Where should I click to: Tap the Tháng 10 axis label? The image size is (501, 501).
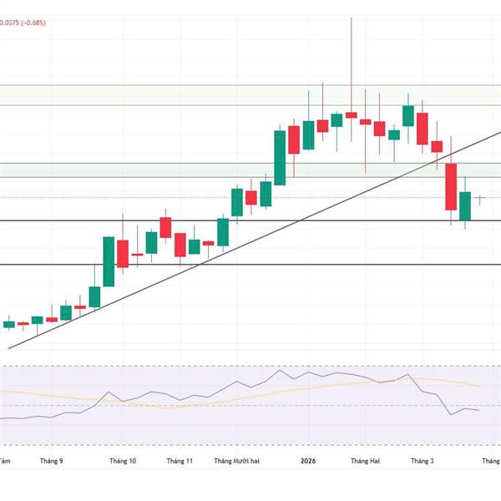pyautogui.click(x=123, y=461)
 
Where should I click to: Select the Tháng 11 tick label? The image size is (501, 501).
pyautogui.click(x=180, y=461)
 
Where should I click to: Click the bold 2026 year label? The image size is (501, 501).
pyautogui.click(x=308, y=461)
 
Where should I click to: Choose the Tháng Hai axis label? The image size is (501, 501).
pyautogui.click(x=365, y=461)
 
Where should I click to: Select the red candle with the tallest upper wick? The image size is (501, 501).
pyautogui.click(x=351, y=114)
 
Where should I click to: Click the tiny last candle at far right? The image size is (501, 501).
pyautogui.click(x=480, y=198)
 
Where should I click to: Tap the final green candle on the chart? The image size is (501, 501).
pyautogui.click(x=465, y=205)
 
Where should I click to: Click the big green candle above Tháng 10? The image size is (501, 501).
pyautogui.click(x=109, y=261)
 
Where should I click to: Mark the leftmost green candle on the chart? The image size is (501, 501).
pyautogui.click(x=9, y=324)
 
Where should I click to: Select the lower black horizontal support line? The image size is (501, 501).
pyautogui.click(x=250, y=264)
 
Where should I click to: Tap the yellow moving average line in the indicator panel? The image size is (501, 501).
pyautogui.click(x=50, y=392)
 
